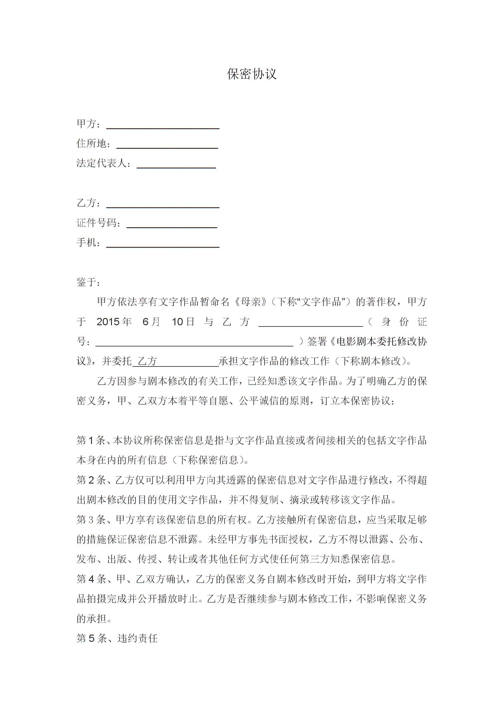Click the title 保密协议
click(252, 74)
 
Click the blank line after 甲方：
click(163, 127)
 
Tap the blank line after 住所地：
click(167, 147)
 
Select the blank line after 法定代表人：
click(176, 167)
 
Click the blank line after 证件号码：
click(172, 226)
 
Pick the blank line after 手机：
click(163, 246)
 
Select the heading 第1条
click(91, 441)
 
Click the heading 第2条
click(91, 480)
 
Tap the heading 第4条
click(91, 579)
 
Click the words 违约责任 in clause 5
click(138, 638)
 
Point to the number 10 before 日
click(178, 322)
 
